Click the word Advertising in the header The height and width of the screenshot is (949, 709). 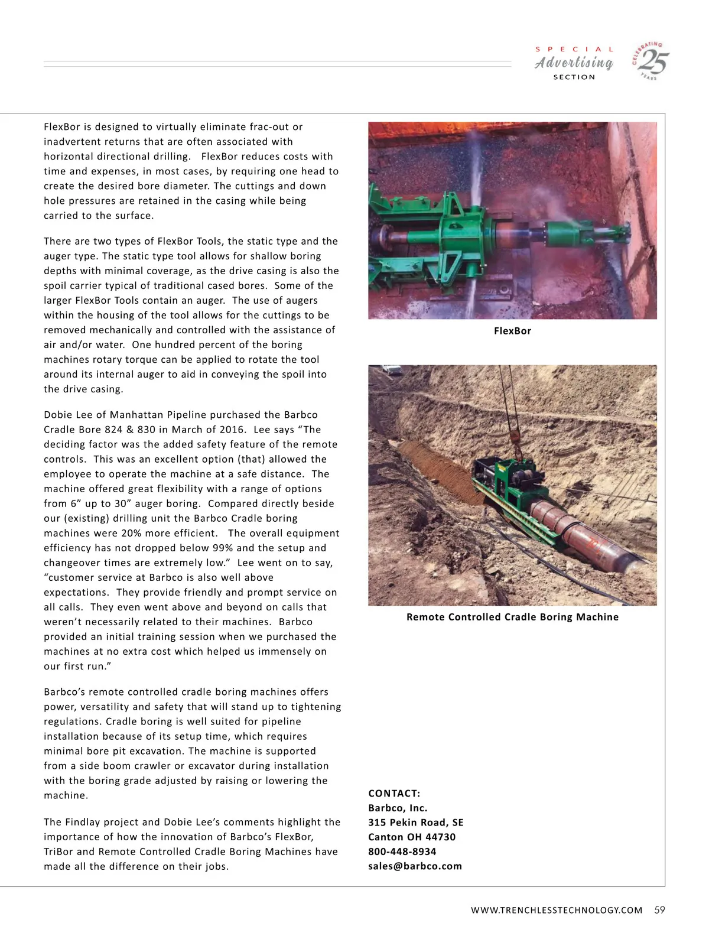click(x=574, y=63)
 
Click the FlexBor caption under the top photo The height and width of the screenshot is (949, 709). click(x=512, y=331)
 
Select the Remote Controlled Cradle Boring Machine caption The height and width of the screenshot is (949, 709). click(x=512, y=617)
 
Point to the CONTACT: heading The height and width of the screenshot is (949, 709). click(x=394, y=794)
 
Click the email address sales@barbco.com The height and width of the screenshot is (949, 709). click(x=415, y=866)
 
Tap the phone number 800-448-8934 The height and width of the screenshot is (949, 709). click(x=402, y=851)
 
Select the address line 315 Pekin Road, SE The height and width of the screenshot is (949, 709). click(x=415, y=823)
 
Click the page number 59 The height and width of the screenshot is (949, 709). click(x=659, y=910)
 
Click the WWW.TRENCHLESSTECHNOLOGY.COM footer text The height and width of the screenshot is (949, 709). click(x=556, y=911)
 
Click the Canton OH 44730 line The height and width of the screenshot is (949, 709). click(x=411, y=837)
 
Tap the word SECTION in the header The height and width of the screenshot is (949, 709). click(x=574, y=77)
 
